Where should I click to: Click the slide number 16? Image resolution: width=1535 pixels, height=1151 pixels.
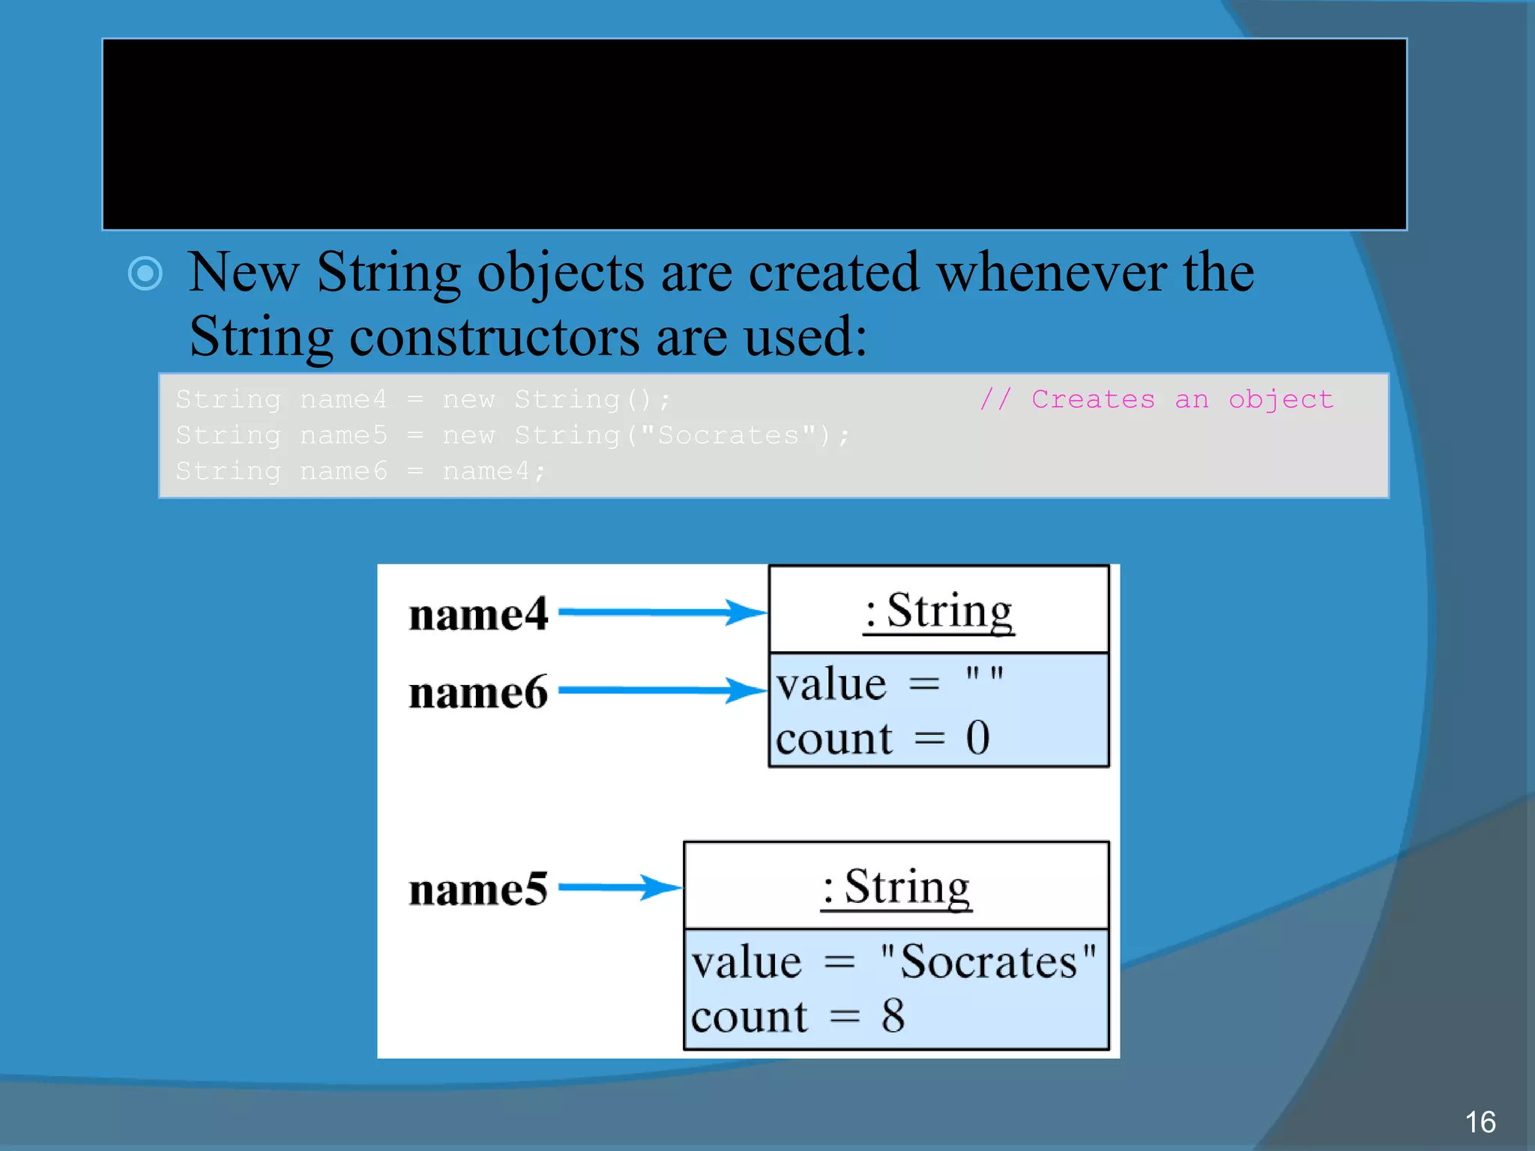click(1480, 1122)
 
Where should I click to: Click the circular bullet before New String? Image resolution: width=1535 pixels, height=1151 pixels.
click(145, 273)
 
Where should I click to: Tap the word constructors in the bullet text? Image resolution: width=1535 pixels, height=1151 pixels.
click(495, 336)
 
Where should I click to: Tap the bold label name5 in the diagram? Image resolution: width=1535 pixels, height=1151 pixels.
click(478, 890)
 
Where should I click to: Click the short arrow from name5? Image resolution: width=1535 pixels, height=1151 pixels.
click(619, 888)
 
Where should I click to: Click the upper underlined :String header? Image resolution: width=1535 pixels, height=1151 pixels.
click(938, 611)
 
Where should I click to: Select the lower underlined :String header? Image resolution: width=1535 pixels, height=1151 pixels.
click(896, 887)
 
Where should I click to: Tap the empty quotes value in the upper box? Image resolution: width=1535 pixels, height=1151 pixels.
click(983, 674)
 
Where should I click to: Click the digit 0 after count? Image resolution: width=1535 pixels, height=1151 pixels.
click(977, 737)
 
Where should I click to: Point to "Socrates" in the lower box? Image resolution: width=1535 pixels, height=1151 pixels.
click(988, 961)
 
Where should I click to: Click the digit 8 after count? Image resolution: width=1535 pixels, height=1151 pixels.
click(893, 1016)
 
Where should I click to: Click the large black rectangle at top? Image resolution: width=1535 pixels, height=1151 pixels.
click(754, 134)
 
